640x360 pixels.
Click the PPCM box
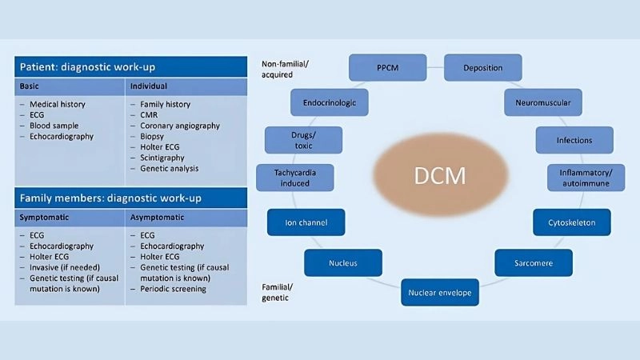(x=388, y=67)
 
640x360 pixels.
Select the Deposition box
(x=482, y=67)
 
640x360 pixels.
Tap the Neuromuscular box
(x=542, y=102)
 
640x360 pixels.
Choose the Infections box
(x=574, y=140)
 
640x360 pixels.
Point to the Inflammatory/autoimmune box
(x=586, y=177)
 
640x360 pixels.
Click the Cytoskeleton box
(x=571, y=222)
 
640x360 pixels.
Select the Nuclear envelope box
(x=439, y=292)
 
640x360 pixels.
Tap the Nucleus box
(x=342, y=262)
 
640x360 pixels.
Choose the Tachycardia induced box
(x=294, y=177)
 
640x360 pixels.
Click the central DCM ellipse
(x=439, y=175)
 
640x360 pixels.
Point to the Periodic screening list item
(x=174, y=289)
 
